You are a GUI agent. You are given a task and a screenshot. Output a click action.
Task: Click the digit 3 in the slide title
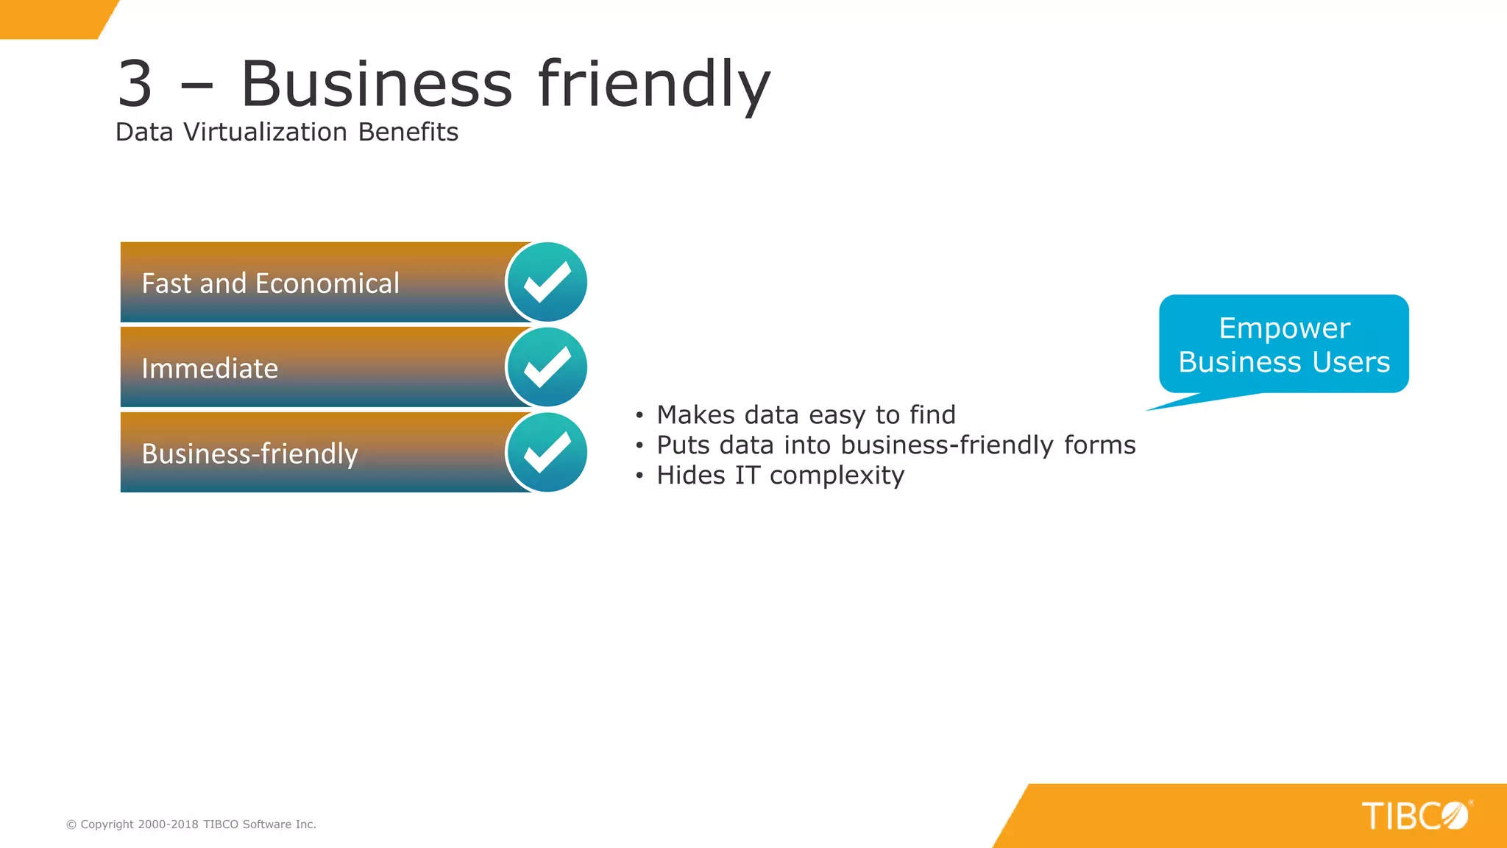click(135, 84)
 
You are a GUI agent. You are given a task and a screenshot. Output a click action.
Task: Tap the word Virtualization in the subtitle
click(265, 132)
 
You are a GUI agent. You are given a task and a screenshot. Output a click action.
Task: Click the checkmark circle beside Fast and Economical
click(547, 282)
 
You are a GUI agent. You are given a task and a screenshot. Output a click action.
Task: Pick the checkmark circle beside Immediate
click(547, 367)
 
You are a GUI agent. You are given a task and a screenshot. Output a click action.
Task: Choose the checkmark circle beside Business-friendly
click(547, 452)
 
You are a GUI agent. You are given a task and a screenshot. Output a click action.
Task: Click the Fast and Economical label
click(270, 283)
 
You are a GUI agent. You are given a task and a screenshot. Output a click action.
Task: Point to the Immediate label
click(210, 368)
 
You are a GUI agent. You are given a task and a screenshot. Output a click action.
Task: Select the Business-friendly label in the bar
click(249, 453)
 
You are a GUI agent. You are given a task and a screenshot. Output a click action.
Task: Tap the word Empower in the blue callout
click(1284, 328)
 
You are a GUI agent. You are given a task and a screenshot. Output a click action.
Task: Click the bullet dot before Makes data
click(639, 416)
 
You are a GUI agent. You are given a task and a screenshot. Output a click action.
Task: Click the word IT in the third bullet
click(747, 476)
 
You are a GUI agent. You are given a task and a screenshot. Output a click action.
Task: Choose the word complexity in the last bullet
click(837, 476)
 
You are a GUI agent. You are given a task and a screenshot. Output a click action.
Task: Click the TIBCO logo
click(1415, 816)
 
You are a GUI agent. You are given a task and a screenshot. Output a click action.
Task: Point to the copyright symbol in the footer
click(71, 824)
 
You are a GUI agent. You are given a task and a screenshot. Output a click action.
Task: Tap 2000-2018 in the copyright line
click(168, 824)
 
